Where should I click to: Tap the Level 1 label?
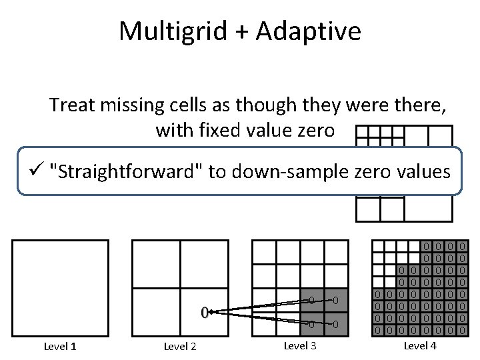60,345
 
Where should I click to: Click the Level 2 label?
179,345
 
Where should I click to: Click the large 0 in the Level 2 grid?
204,311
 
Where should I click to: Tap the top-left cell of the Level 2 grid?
156,264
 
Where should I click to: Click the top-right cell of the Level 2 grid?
204,264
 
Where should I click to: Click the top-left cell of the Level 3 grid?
264,252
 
